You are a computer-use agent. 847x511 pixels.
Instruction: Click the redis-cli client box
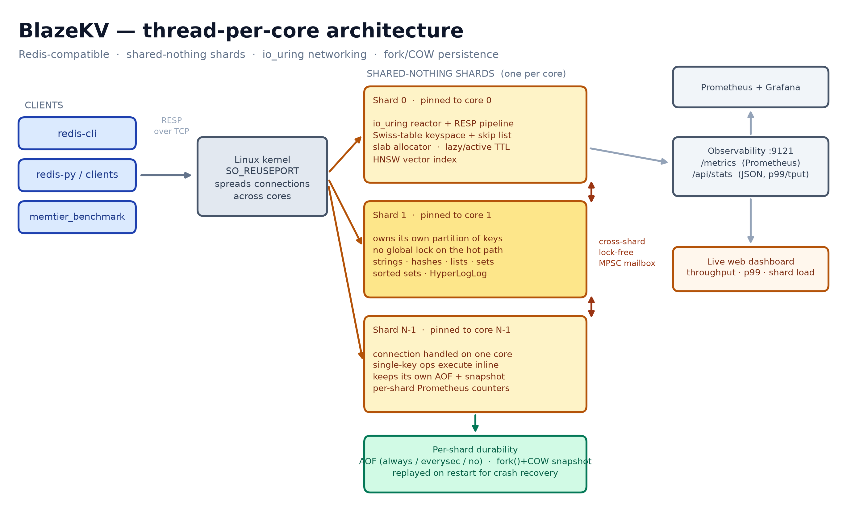tap(77, 133)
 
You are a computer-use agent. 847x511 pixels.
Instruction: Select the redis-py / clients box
tap(77, 175)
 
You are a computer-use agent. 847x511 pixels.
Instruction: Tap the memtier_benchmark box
tap(77, 217)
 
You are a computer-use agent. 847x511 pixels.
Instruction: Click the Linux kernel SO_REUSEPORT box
tap(262, 177)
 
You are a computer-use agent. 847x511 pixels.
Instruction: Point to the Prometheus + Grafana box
tap(750, 87)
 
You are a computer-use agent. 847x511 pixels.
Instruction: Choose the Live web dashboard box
tap(750, 269)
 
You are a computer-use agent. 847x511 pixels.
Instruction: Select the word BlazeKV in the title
tap(64, 31)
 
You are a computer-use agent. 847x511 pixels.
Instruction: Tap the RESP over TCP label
tap(172, 126)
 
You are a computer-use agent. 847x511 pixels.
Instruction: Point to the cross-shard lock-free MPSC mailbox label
tap(627, 252)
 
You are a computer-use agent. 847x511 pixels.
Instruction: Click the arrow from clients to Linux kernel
tap(166, 175)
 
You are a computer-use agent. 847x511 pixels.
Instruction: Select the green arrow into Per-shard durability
tap(475, 423)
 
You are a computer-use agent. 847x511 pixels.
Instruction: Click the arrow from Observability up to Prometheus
tap(750, 123)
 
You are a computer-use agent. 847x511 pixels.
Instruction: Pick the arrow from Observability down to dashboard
tap(750, 221)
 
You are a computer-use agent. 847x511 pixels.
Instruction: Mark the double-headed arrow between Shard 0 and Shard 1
tap(591, 192)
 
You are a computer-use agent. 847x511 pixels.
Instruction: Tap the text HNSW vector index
tap(415, 160)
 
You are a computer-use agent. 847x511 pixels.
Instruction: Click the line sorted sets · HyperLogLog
tap(430, 273)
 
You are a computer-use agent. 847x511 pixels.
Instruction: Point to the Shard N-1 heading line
tap(441, 330)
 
